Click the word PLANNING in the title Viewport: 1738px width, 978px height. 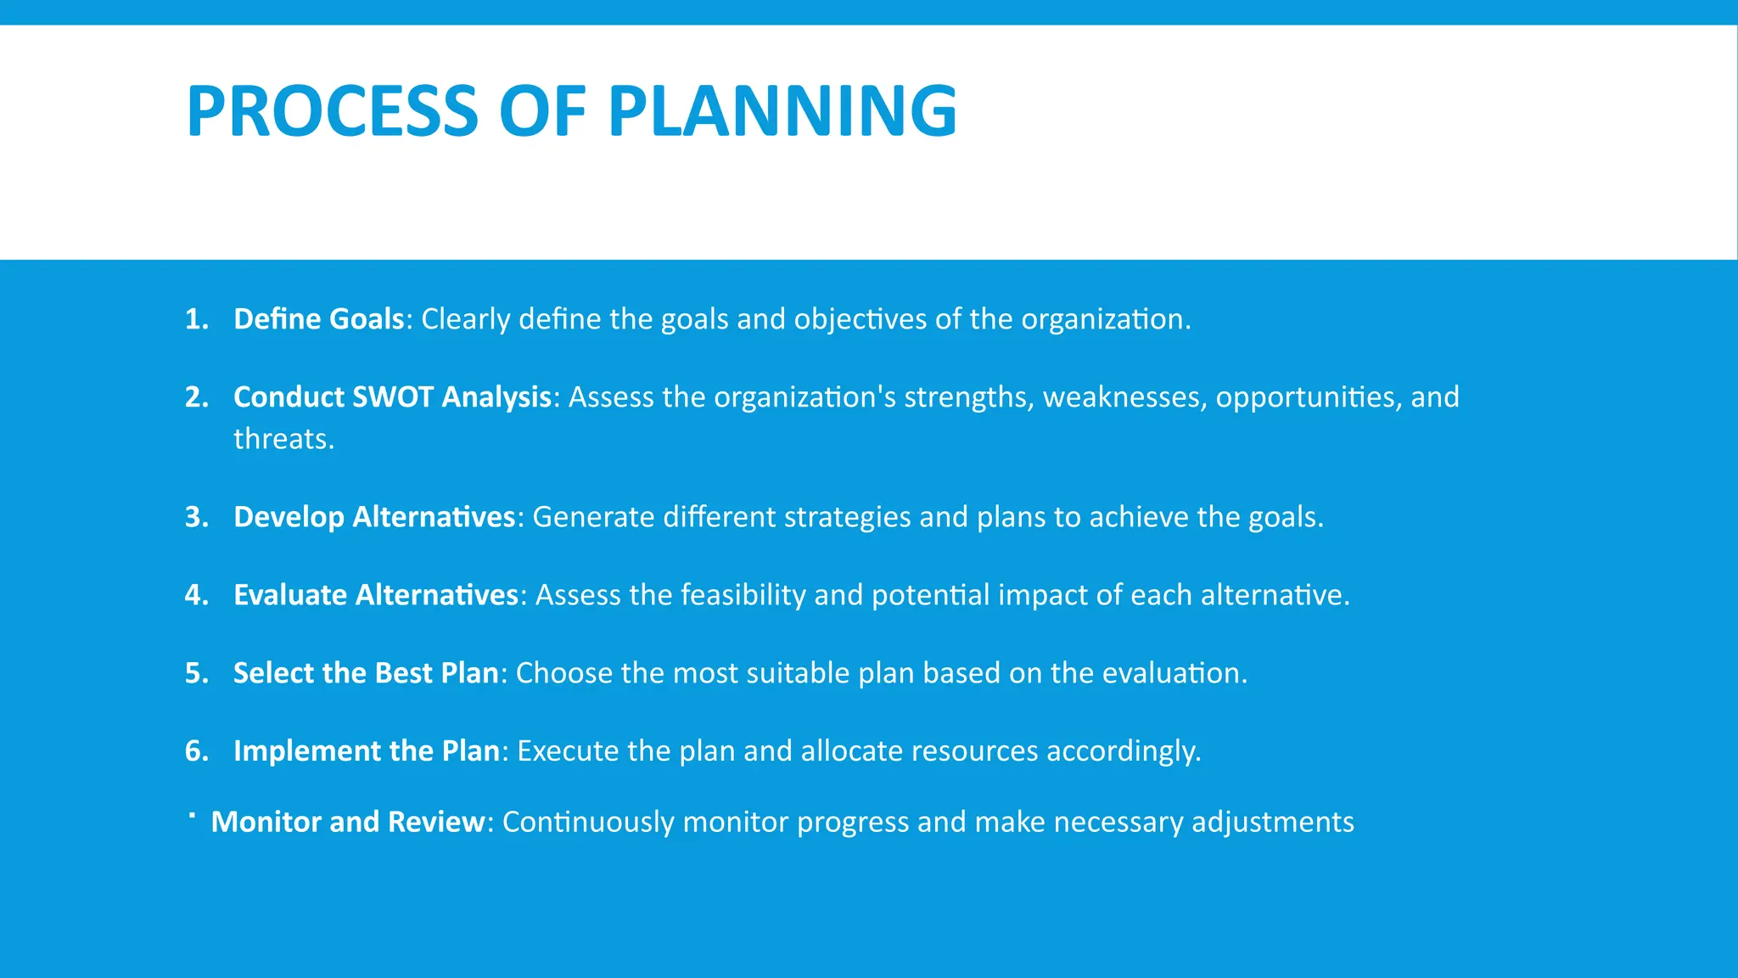point(782,111)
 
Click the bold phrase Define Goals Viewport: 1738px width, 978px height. point(318,319)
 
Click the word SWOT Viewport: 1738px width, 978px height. point(392,397)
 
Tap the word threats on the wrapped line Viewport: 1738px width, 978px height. point(283,439)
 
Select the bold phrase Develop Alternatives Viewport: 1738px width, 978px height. point(374,517)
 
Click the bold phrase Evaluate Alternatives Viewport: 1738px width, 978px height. point(376,595)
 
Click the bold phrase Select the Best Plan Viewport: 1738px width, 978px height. point(366,673)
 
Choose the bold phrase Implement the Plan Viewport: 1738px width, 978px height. point(367,751)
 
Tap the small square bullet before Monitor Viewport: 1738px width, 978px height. point(193,815)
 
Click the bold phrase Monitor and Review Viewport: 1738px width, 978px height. point(348,822)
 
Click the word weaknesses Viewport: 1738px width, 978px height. point(1124,397)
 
